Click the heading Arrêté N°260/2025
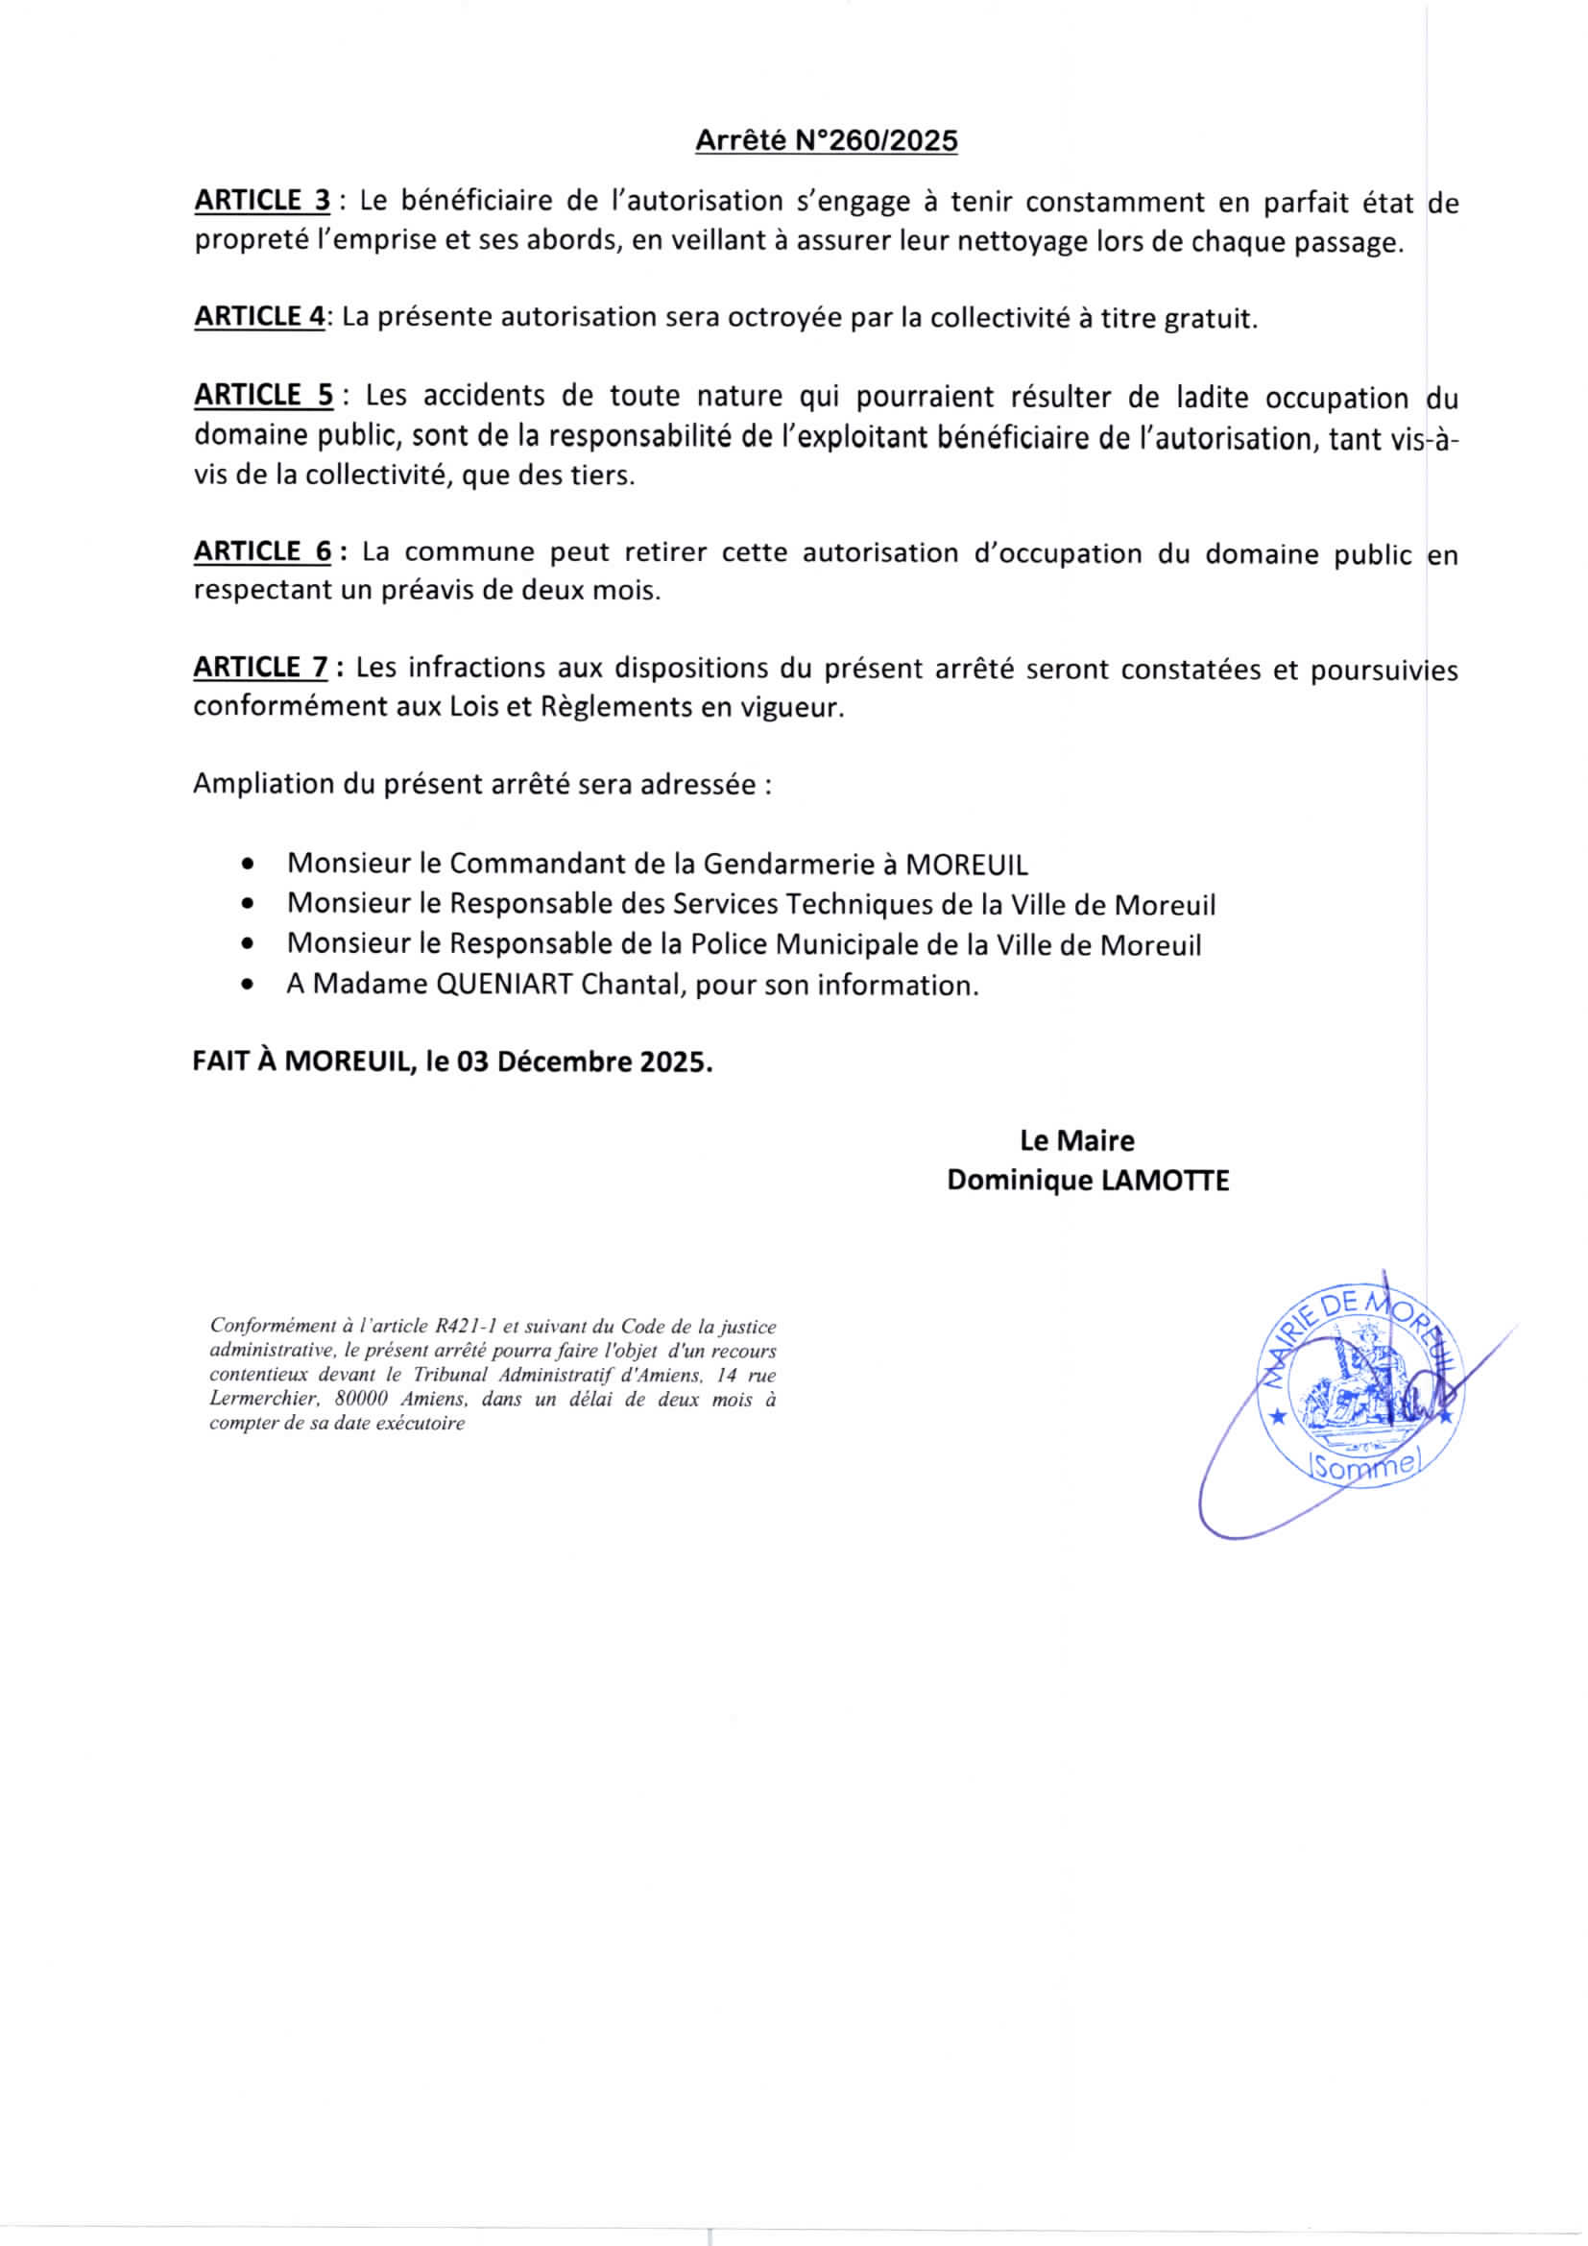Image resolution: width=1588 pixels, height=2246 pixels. click(x=827, y=141)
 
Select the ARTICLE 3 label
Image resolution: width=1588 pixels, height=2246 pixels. click(x=262, y=201)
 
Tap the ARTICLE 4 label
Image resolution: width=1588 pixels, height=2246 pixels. click(x=259, y=316)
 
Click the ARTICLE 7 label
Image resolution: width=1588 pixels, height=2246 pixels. click(x=261, y=667)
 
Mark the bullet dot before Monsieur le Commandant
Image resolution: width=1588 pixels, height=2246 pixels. click(x=251, y=866)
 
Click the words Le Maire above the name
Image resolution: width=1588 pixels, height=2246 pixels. click(x=1076, y=1140)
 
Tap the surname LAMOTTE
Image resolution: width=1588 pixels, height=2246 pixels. click(x=1165, y=1181)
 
